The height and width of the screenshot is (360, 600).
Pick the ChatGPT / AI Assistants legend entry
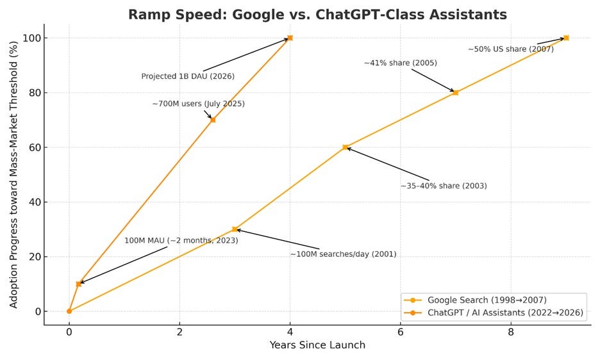click(505, 313)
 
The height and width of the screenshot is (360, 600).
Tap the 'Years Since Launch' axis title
click(317, 345)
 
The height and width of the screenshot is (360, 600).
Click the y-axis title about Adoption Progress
click(13, 174)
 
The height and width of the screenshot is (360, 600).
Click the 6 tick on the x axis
click(400, 333)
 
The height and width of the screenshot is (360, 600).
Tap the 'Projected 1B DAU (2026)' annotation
click(188, 76)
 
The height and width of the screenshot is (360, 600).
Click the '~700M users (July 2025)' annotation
click(198, 104)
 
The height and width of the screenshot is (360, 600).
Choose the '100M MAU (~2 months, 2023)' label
click(181, 240)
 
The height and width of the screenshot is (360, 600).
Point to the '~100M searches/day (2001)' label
click(343, 254)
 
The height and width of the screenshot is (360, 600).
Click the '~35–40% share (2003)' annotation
click(444, 186)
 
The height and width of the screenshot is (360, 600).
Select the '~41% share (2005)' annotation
click(400, 63)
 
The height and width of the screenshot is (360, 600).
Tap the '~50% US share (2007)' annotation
click(510, 49)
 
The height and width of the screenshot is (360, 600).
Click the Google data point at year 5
click(345, 147)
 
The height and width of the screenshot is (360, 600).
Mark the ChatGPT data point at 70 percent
click(213, 120)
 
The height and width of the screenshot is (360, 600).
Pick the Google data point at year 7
click(455, 92)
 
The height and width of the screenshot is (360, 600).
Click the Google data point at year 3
click(235, 229)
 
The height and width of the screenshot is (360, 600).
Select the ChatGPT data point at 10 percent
click(79, 284)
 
